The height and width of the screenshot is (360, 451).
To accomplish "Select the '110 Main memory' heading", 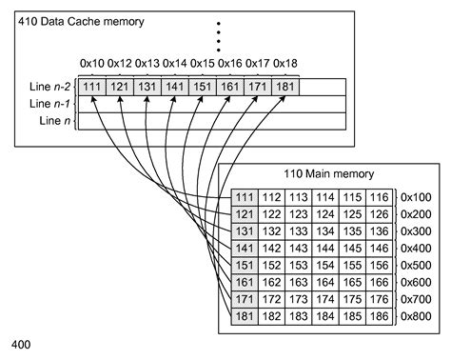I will (x=329, y=174).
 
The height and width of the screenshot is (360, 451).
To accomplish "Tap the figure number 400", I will (x=23, y=340).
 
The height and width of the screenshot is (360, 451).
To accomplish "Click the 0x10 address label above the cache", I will (x=92, y=63).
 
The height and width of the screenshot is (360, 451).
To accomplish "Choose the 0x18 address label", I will (x=284, y=63).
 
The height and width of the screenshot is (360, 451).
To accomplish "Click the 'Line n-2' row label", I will (x=51, y=87).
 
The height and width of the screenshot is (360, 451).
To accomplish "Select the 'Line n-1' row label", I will (x=51, y=103).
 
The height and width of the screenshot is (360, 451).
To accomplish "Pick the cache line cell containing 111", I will (x=92, y=87).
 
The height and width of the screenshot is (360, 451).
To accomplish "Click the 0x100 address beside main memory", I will (x=416, y=197).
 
